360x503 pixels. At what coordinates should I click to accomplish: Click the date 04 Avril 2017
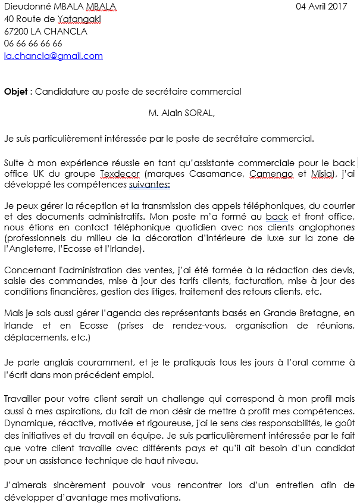pyautogui.click(x=321, y=7)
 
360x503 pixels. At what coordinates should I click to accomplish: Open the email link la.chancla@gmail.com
pyautogui.click(x=54, y=56)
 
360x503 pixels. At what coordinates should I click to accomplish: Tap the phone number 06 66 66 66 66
pyautogui.click(x=33, y=43)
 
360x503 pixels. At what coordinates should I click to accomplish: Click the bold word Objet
pyautogui.click(x=16, y=92)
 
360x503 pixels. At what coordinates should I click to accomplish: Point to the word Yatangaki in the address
pyautogui.click(x=79, y=19)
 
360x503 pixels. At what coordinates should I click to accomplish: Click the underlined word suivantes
pyautogui.click(x=149, y=185)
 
